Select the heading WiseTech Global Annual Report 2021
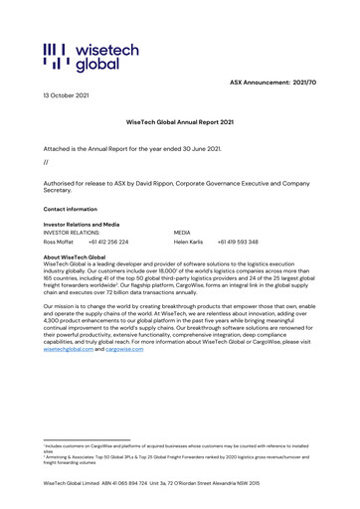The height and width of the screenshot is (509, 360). [179, 121]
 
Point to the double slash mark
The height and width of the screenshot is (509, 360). [46, 161]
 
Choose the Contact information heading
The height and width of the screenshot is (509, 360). [71, 210]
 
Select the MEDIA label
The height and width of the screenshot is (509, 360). [183, 233]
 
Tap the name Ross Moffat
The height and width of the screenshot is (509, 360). [60, 242]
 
